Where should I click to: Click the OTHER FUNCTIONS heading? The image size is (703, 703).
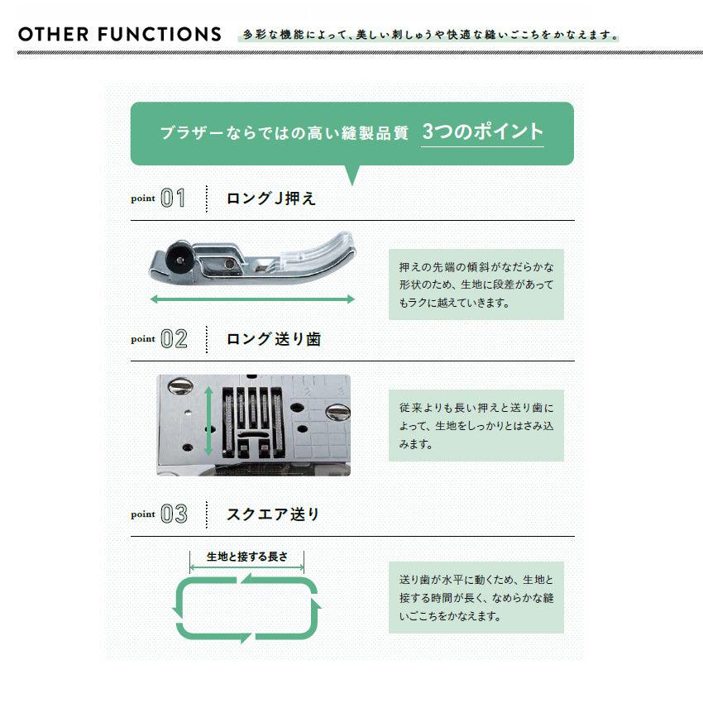point(120,35)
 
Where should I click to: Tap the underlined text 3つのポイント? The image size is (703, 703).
point(482,132)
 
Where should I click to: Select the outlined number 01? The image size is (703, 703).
point(173,198)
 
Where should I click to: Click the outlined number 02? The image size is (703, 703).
point(174,338)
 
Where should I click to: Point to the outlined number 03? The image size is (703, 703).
point(174,514)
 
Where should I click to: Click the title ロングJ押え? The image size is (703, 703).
point(271,198)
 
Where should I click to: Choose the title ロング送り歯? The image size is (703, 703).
point(274,339)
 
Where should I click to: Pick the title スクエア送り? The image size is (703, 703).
point(273,514)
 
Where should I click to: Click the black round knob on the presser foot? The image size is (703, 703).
point(179,257)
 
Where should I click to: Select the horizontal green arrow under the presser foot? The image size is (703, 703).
point(252,299)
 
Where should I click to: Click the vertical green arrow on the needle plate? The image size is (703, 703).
point(208,422)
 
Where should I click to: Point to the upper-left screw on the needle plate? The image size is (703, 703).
point(180,385)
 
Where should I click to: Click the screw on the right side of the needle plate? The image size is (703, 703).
point(337,412)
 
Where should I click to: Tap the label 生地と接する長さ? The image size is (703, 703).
point(247,557)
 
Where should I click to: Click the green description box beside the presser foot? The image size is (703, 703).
point(476,285)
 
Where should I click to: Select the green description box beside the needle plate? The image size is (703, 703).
point(476,425)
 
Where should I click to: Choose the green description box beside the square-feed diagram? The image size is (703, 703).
point(476,597)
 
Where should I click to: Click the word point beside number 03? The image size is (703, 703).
point(143,514)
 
